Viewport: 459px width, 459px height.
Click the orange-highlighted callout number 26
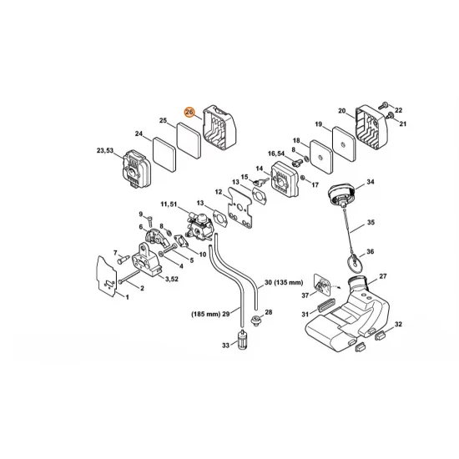point(189,112)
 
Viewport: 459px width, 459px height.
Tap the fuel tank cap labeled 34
point(342,194)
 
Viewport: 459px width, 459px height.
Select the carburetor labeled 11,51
point(199,227)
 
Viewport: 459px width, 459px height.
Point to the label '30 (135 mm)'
point(284,282)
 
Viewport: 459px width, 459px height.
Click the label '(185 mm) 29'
point(210,314)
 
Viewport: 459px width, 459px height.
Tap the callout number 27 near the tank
point(383,276)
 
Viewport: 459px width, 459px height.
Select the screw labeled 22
point(384,104)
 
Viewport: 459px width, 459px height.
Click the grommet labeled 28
point(256,320)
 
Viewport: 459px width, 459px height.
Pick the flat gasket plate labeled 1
point(107,276)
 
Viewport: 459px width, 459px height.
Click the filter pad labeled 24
point(164,154)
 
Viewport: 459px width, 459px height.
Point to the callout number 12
point(219,192)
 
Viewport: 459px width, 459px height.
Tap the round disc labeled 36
point(354,263)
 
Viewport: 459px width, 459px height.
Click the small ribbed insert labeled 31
point(325,307)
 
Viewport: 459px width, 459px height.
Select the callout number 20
point(342,111)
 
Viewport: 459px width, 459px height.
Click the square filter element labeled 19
point(344,144)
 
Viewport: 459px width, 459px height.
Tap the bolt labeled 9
point(150,220)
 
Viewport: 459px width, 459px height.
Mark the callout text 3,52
point(172,279)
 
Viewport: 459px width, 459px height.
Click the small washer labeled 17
point(303,178)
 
